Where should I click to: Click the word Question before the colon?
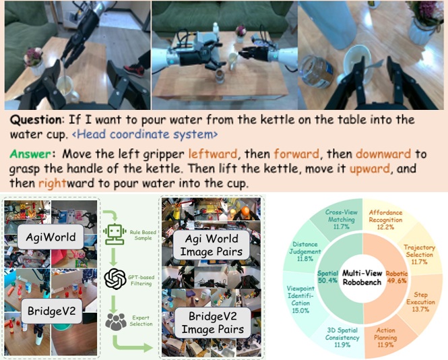[x=36, y=119]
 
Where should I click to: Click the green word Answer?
[x=30, y=154]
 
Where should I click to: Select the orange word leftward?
[x=213, y=154]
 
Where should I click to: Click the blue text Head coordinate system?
[x=145, y=134]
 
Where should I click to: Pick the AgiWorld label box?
[x=51, y=237]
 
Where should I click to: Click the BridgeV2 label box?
[x=52, y=311]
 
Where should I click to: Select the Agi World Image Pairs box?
[x=212, y=245]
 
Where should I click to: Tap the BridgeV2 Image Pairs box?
[x=213, y=322]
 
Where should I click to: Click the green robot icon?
[x=115, y=234]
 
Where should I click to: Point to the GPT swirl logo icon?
[x=115, y=279]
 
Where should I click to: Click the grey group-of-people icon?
[x=116, y=322]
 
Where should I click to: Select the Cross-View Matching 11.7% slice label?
[x=342, y=219]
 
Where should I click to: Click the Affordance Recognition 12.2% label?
[x=385, y=220]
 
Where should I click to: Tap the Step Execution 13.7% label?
[x=420, y=301]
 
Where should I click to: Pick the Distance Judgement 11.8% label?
[x=305, y=251]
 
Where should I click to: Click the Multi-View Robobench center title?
[x=362, y=277]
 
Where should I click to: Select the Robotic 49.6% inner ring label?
[x=397, y=277]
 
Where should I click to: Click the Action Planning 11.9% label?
[x=385, y=337]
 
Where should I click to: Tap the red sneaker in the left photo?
[x=134, y=70]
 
